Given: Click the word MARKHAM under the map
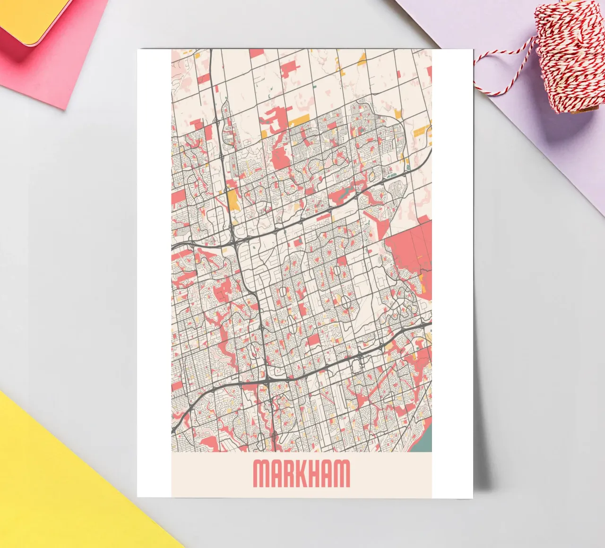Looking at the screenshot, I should click(x=302, y=473).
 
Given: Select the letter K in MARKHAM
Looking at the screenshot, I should click(x=304, y=473).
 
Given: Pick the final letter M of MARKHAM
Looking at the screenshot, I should click(x=343, y=473).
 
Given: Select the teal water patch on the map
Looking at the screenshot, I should click(x=422, y=442).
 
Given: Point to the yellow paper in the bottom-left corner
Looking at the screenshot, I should click(x=57, y=487).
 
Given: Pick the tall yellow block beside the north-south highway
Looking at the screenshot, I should click(x=233, y=200).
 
